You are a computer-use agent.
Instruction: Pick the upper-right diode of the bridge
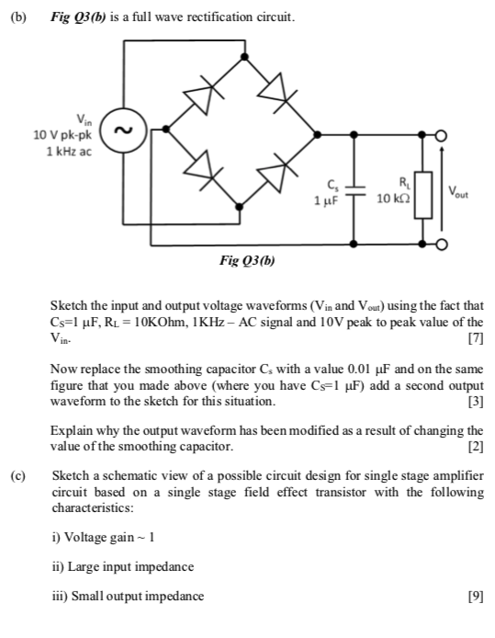coord(275,92)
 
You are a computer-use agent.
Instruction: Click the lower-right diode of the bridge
coord(275,172)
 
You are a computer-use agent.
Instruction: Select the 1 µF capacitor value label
coord(328,199)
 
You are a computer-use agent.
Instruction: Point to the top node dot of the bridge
coord(242,58)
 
